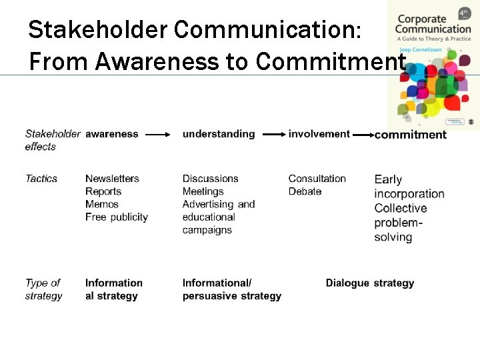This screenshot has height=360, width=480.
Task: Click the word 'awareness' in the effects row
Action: coord(111,134)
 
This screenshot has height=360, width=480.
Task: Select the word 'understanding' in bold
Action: coord(219,134)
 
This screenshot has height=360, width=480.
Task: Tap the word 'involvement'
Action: coord(319,134)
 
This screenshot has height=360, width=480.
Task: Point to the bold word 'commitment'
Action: coord(410,135)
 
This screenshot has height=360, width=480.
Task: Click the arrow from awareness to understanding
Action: coord(159,135)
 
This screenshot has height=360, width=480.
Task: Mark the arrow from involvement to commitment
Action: coord(363,135)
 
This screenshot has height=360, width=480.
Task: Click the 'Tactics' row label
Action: coord(41,179)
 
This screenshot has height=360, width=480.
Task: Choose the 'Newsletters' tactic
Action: coord(112,179)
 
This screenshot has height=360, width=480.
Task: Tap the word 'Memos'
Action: coord(101,204)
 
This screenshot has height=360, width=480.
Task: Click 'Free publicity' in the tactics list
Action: coord(116,217)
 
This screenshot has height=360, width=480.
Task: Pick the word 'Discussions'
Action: coord(210,179)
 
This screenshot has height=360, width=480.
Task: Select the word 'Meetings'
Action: coord(203,191)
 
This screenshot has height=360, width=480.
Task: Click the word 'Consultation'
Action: coord(317,179)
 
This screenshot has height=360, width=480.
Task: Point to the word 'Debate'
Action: coord(305,191)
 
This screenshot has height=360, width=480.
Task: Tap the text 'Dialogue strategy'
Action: coord(369,283)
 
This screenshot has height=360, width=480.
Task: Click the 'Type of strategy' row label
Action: coord(43,289)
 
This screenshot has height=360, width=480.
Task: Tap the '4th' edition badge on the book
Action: coord(465,13)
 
